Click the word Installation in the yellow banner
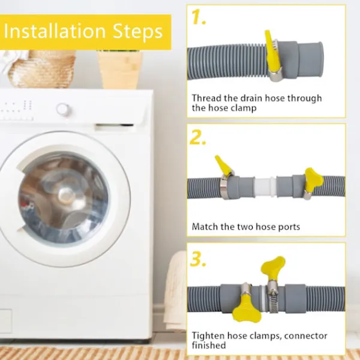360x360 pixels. pyautogui.click(x=55, y=31)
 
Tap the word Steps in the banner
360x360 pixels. pyautogui.click(x=138, y=31)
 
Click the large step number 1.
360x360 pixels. pyautogui.click(x=199, y=17)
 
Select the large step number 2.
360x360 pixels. pyautogui.click(x=197, y=137)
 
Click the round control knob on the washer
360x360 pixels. pyautogui.click(x=64, y=110)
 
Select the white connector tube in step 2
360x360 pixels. pyautogui.click(x=265, y=187)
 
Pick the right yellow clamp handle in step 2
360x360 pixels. pyautogui.click(x=314, y=179)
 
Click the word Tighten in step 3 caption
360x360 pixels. pyautogui.click(x=208, y=336)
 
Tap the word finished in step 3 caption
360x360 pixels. pyautogui.click(x=209, y=346)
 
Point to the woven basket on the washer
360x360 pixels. pyautogui.click(x=42, y=69)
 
